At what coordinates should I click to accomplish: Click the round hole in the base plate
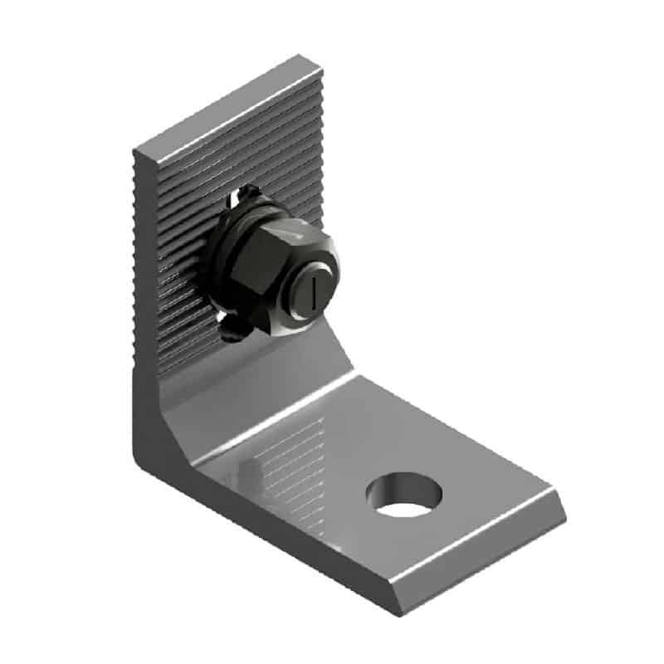point(403,495)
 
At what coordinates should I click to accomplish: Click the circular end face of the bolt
point(315,291)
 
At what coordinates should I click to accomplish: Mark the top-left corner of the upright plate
point(134,150)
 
